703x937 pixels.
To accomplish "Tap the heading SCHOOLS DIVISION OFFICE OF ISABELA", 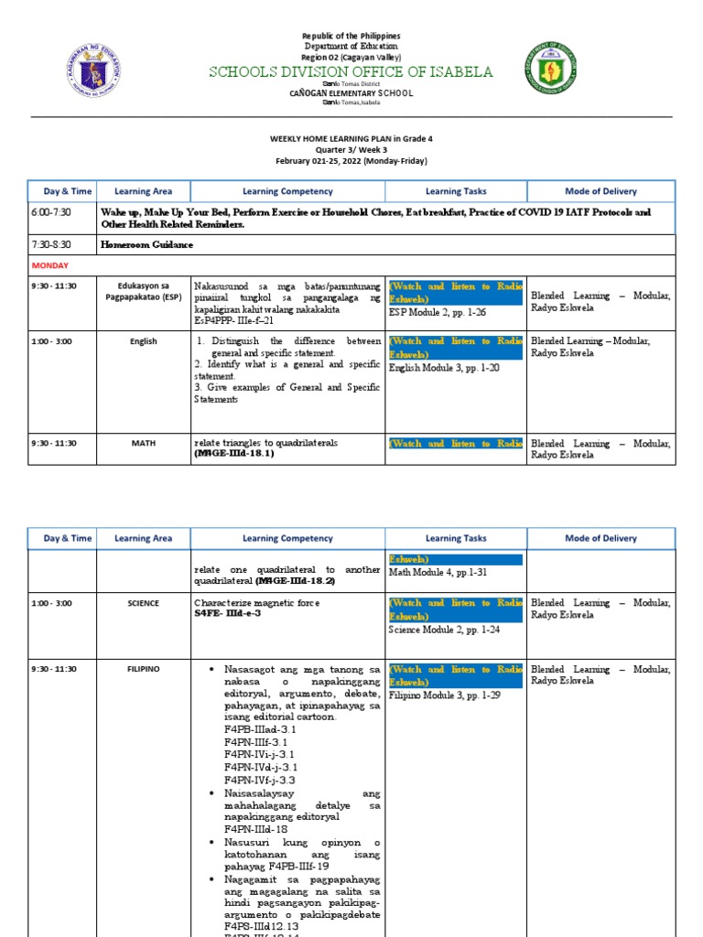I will pos(351,72).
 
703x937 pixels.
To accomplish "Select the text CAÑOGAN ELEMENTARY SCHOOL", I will pos(351,93).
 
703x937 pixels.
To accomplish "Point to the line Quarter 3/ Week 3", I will pos(351,149).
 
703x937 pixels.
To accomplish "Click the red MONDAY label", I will pos(51,264).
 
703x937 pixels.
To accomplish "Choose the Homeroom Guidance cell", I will pos(146,244).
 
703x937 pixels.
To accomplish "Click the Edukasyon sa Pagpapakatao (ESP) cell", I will pos(143,291).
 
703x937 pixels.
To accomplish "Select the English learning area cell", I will pos(143,341).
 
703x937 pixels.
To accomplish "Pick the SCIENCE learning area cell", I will pos(143,603).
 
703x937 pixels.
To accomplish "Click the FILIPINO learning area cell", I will pos(143,669).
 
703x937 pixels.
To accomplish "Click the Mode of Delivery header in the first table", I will pos(601,191).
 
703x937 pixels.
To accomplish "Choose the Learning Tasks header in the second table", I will pos(456,538).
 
